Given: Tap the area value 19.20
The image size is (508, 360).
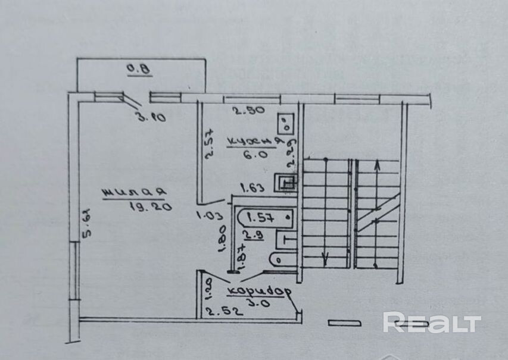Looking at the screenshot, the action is click(149, 206).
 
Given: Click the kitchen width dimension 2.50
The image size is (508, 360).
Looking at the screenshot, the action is click(247, 111).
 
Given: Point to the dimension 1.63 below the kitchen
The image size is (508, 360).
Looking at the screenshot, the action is click(253, 189).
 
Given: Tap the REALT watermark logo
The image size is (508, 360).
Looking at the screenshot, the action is click(432, 323).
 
